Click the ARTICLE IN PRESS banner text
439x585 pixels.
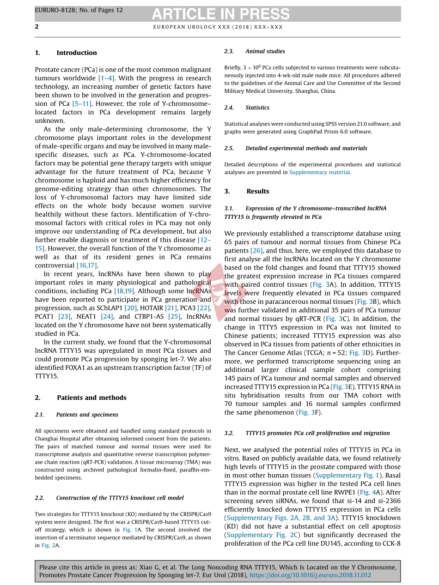pos(220,14)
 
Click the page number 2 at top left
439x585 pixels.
pos(37,27)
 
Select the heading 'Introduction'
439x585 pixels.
pos(76,53)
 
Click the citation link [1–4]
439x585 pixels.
pos(106,78)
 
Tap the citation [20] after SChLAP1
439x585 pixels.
pos(130,308)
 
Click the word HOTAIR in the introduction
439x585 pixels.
pos(152,308)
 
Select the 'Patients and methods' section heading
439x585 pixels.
pos(91,398)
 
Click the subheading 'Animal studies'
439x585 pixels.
pos(265,51)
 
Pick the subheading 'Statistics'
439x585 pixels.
pos(257,108)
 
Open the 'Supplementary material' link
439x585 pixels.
pos(319,172)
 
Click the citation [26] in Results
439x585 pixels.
pos(256,251)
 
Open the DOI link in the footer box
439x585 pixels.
pos(310,575)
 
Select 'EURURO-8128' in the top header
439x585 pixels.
pos(53,10)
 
